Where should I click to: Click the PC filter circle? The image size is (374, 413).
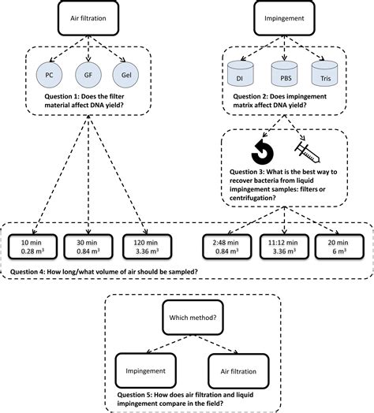click(x=50, y=75)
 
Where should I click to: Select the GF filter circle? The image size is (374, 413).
click(x=88, y=75)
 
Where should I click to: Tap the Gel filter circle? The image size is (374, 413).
click(x=125, y=75)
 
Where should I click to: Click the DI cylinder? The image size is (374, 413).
click(x=241, y=74)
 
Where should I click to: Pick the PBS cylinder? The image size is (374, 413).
click(x=284, y=74)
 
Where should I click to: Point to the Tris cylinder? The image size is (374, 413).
click(x=324, y=74)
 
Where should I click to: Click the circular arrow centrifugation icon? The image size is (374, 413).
click(x=263, y=152)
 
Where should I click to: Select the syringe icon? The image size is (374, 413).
click(x=307, y=152)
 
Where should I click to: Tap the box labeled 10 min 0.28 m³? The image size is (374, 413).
click(x=32, y=247)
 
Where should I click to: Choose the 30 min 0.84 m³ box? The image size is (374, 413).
click(x=88, y=247)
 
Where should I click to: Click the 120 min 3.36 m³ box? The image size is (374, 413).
click(x=148, y=247)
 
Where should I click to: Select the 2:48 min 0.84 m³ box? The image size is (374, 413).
click(x=227, y=247)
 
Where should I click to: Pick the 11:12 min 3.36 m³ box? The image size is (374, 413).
click(x=284, y=247)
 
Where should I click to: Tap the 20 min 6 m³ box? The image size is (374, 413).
click(x=339, y=247)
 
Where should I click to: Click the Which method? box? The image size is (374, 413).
click(x=193, y=318)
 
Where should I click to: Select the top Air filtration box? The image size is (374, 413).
click(x=88, y=18)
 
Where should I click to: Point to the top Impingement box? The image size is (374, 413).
click(x=284, y=18)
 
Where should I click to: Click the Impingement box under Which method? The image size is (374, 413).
click(x=146, y=371)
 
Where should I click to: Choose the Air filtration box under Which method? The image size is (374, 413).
click(x=238, y=371)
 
